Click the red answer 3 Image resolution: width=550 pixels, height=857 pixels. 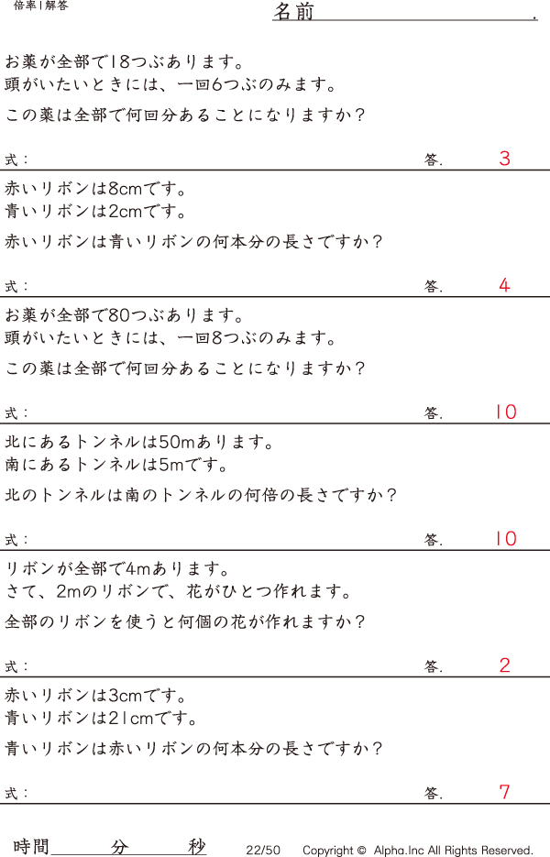click(504, 159)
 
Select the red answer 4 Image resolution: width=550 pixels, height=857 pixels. click(504, 285)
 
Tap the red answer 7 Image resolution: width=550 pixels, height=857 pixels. click(504, 792)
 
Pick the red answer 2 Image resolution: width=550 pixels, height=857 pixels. click(504, 665)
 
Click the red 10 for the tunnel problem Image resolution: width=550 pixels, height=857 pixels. click(506, 539)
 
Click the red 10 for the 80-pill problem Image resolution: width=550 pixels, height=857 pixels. click(506, 412)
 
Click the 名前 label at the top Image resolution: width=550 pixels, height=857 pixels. click(293, 12)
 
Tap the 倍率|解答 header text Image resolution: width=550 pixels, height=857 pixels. click(41, 5)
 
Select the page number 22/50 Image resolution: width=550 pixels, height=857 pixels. click(263, 851)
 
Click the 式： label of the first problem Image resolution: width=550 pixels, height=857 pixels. click(17, 159)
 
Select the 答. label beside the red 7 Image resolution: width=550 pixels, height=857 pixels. click(433, 793)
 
